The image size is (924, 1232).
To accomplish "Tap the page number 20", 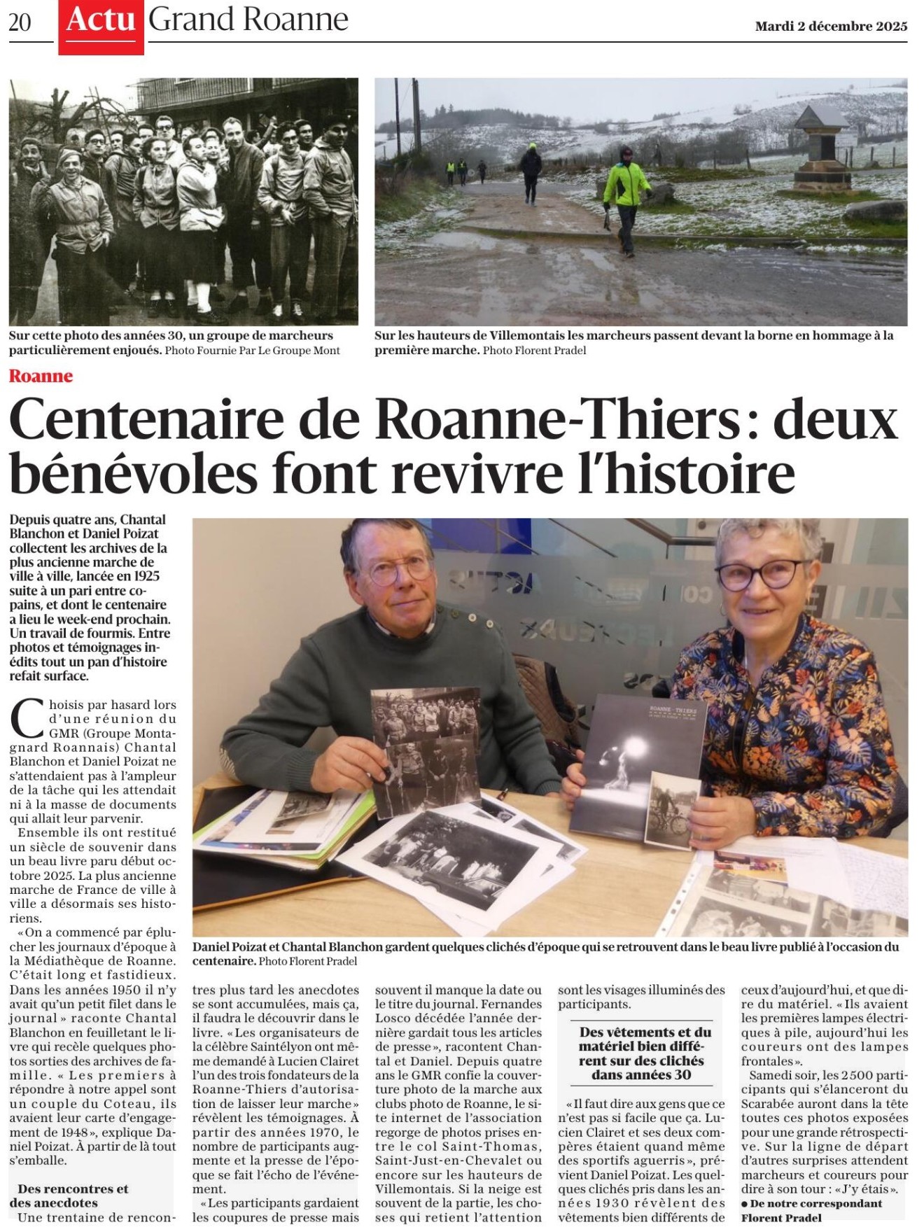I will [x=20, y=23].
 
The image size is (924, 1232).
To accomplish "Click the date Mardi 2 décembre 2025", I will [x=831, y=27].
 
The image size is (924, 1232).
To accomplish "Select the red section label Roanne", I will [x=41, y=376].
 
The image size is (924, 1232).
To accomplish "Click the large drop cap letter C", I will [x=27, y=720].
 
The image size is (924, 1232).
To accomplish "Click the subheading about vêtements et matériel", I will [x=641, y=1053].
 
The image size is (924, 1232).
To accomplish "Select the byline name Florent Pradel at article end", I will [x=781, y=1217].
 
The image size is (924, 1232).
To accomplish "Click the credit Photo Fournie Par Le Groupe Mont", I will [x=252, y=351].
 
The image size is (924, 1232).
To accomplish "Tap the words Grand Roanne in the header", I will [x=248, y=21].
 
